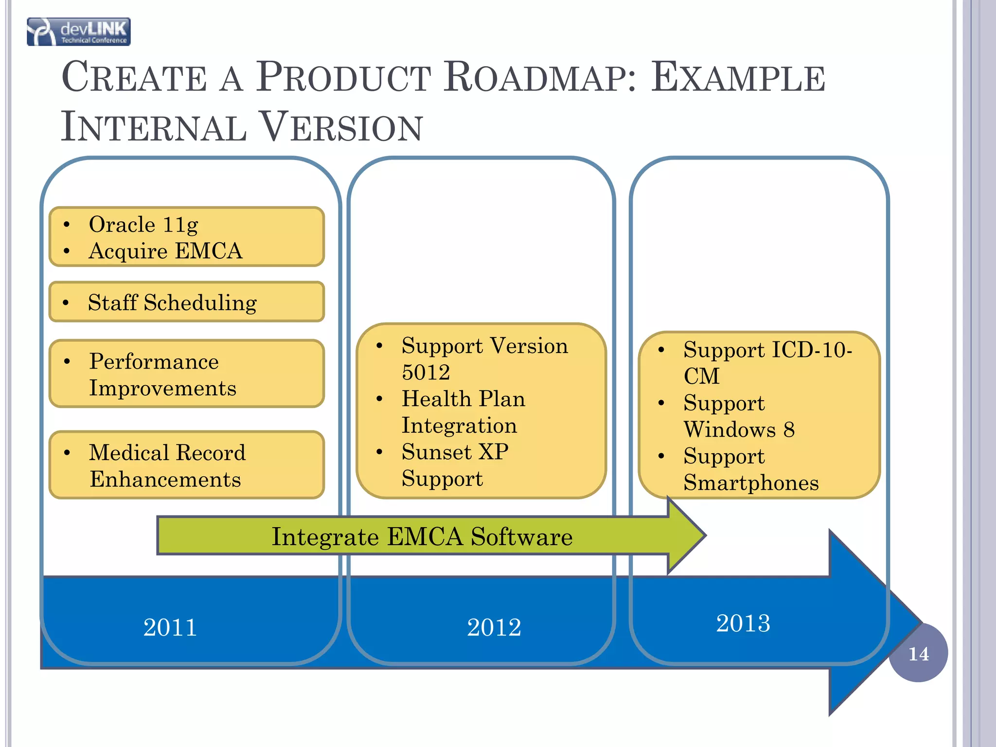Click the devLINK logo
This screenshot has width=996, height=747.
(x=79, y=32)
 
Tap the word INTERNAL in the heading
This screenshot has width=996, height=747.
(x=154, y=127)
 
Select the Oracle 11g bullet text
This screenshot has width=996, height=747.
(x=143, y=225)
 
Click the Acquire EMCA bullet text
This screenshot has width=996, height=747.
(x=165, y=251)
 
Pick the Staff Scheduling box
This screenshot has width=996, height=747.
(x=187, y=302)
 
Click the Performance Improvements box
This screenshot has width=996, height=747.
(x=187, y=374)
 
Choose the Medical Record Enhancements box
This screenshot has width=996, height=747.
(x=187, y=465)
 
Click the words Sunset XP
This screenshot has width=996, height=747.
(x=455, y=452)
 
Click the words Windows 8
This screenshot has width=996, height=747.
(x=739, y=430)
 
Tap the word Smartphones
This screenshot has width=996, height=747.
(x=751, y=483)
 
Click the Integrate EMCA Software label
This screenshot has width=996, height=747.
(x=422, y=537)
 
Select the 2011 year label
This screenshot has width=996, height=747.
(x=170, y=627)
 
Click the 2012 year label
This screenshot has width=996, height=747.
(x=494, y=627)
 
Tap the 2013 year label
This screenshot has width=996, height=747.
(x=743, y=623)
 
